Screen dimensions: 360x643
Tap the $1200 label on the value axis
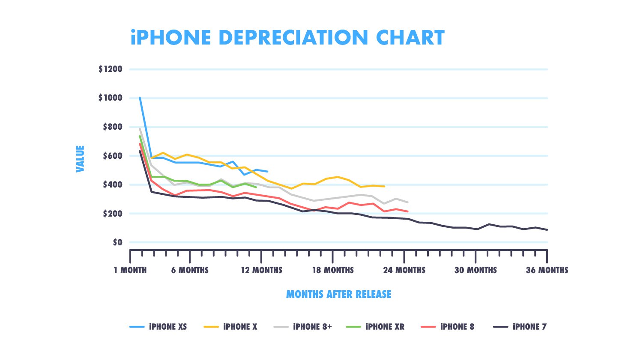(x=110, y=69)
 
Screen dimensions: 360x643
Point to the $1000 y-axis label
(x=110, y=98)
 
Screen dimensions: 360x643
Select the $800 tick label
(x=112, y=127)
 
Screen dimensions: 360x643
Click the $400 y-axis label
(x=112, y=185)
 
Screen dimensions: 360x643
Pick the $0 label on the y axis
(x=117, y=243)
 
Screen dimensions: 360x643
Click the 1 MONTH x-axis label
(x=130, y=271)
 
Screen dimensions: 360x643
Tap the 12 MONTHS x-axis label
(x=261, y=271)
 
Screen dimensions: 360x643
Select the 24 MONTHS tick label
(x=404, y=271)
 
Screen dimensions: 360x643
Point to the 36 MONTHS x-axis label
(x=547, y=271)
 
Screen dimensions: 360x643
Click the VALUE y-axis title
(x=80, y=159)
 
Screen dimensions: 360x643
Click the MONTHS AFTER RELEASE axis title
(x=338, y=295)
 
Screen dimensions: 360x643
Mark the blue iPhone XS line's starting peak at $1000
(x=140, y=98)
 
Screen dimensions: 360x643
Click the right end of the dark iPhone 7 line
(x=547, y=230)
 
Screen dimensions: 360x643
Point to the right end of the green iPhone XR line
(x=256, y=187)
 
